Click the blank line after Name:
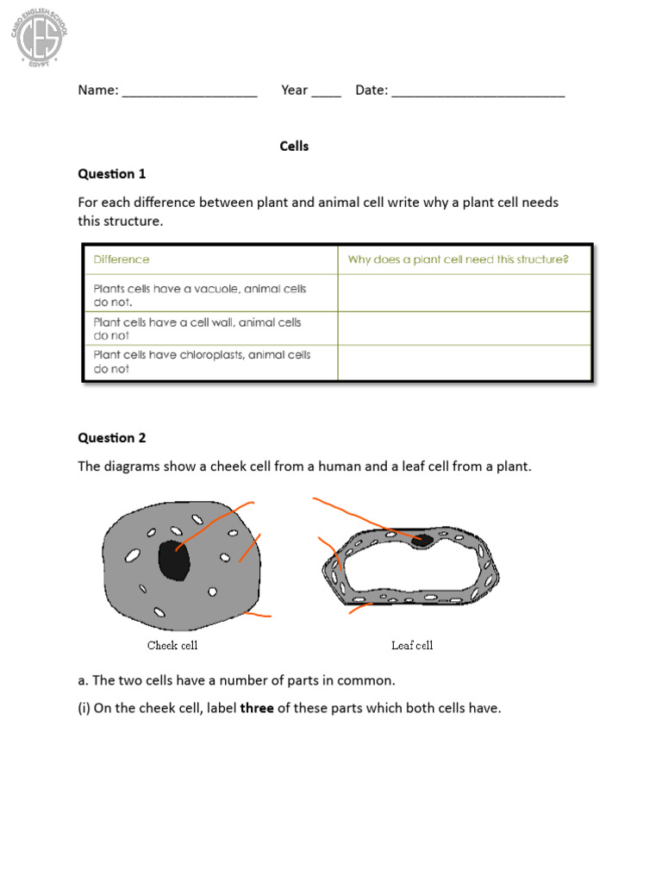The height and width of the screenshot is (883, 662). (x=190, y=92)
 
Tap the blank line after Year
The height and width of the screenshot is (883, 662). (x=326, y=92)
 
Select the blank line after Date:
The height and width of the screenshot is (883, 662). (x=478, y=92)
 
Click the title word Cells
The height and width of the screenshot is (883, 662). (x=294, y=147)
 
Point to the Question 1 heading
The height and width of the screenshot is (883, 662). (x=112, y=174)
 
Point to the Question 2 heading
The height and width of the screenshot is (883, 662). (x=112, y=438)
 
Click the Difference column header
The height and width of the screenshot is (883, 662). (x=122, y=260)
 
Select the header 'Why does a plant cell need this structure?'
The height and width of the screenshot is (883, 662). (x=458, y=260)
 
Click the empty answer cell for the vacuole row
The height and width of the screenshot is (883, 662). (x=464, y=293)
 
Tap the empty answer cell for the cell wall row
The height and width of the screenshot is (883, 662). (x=464, y=329)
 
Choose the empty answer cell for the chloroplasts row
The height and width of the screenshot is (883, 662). (x=464, y=362)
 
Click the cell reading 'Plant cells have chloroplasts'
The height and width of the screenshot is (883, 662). (x=203, y=361)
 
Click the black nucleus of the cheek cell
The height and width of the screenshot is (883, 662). (x=174, y=560)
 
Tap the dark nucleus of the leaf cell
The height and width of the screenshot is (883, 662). (x=424, y=541)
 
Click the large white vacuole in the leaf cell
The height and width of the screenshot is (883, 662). (x=414, y=569)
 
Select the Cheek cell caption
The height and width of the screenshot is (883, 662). (x=172, y=645)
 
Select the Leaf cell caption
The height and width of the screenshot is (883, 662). (x=412, y=645)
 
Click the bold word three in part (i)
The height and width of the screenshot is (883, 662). (x=257, y=709)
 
